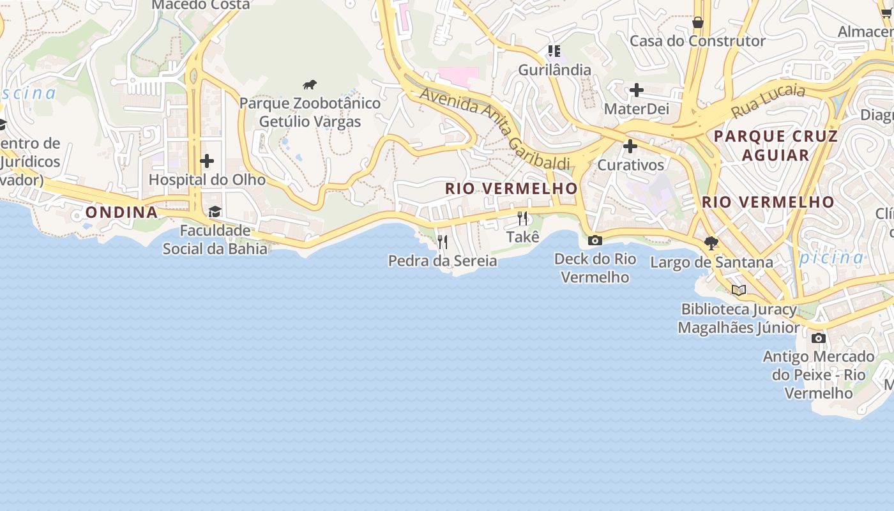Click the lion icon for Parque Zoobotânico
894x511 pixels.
coord(310,85)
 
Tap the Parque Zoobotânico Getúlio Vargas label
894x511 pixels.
coord(310,112)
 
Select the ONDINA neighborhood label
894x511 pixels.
coord(121,212)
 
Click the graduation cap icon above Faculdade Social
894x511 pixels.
coord(215,211)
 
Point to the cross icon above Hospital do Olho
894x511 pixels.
coord(206,161)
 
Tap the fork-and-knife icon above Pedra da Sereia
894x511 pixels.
coord(442,241)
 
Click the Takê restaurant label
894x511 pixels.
coord(523,237)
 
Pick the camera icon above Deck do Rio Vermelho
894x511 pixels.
coord(595,240)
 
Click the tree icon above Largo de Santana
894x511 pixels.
coord(711,243)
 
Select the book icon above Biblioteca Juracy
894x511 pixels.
coord(739,291)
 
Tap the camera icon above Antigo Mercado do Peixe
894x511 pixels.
coord(819,338)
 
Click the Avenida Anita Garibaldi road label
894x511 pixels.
coord(495,128)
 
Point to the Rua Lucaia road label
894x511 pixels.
coord(768,100)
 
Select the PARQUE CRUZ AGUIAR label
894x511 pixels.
coord(776,145)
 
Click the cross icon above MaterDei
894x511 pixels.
coord(636,90)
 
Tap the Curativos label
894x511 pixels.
coord(631,165)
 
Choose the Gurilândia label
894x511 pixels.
coord(554,70)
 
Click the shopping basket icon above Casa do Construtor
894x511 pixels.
coord(698,22)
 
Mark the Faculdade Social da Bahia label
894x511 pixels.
coord(215,239)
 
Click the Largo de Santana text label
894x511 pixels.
coord(711,262)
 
